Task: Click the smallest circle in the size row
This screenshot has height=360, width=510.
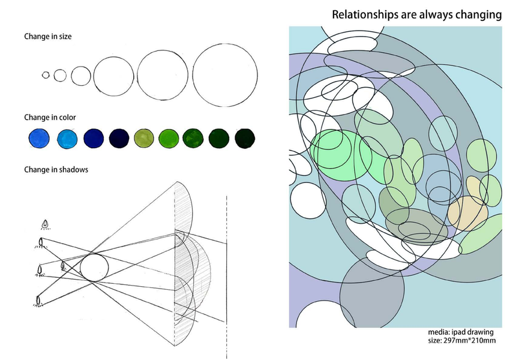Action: (46, 75)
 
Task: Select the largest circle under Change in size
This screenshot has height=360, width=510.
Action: (225, 74)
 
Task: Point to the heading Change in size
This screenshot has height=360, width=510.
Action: (48, 37)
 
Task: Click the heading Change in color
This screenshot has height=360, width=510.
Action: (50, 117)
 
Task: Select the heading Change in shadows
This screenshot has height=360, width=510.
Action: (56, 170)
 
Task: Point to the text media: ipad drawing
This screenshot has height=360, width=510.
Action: (461, 332)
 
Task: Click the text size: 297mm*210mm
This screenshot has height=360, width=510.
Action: (461, 341)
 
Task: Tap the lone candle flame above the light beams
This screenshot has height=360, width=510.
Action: (45, 224)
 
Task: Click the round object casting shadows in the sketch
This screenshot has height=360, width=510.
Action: (94, 267)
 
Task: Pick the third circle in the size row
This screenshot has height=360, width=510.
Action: (80, 76)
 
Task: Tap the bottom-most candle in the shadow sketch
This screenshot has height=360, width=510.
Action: (39, 298)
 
